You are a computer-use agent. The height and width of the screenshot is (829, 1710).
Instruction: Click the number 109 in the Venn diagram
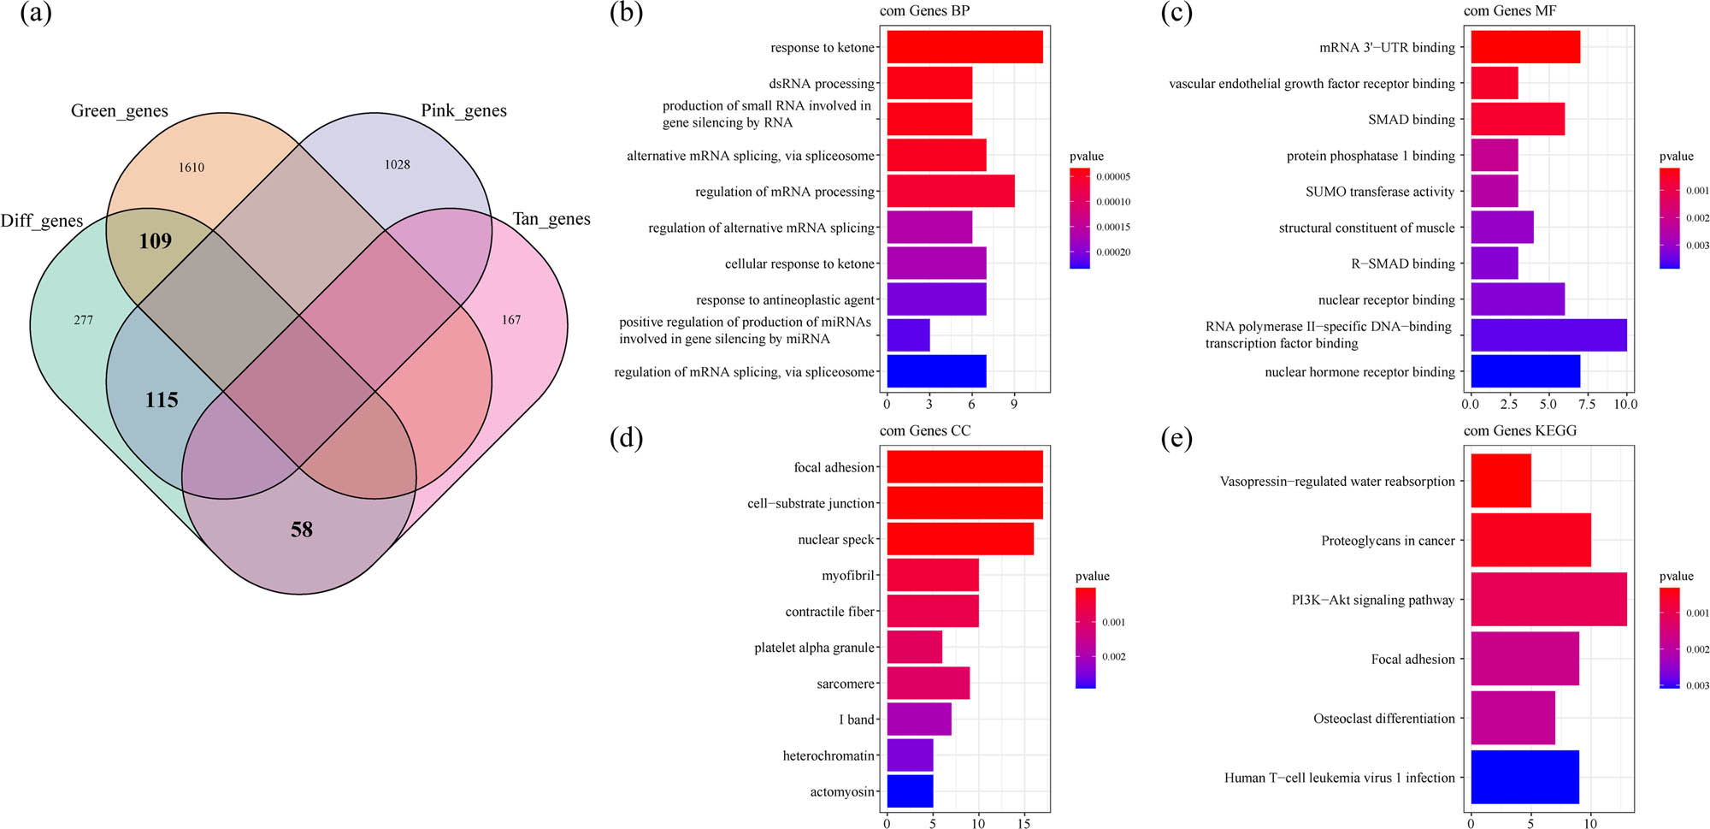tap(156, 241)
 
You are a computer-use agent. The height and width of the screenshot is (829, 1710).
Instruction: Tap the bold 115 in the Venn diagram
tap(162, 400)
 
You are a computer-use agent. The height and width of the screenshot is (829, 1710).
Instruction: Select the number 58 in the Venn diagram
tap(302, 530)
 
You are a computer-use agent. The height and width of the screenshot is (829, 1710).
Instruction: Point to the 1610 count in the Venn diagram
tap(192, 168)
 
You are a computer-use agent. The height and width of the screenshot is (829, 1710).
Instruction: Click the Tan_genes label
tap(551, 219)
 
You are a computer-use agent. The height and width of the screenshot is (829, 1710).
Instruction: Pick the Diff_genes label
tap(42, 221)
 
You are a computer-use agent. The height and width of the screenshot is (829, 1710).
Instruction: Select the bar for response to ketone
tap(964, 47)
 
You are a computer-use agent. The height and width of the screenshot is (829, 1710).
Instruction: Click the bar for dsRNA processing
tap(929, 83)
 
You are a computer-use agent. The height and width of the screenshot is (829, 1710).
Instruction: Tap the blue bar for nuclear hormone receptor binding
tap(1524, 371)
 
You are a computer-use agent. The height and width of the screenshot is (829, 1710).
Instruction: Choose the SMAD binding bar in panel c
tap(1517, 119)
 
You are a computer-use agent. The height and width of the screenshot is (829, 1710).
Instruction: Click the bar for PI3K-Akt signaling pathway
tap(1548, 600)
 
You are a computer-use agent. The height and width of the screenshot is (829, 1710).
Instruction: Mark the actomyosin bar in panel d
tap(910, 791)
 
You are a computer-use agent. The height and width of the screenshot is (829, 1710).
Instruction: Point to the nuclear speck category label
tap(835, 540)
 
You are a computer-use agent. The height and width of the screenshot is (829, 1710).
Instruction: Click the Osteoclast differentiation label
tap(1383, 719)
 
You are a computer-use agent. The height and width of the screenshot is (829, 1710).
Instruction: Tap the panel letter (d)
tap(627, 438)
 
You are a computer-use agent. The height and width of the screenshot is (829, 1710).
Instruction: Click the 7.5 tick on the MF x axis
tap(1587, 404)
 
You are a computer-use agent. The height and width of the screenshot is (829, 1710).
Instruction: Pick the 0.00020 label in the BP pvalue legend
tap(1113, 252)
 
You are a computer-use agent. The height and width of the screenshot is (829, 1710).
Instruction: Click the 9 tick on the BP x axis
tap(1014, 404)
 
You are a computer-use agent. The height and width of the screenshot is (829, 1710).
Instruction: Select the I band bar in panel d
tap(918, 719)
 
